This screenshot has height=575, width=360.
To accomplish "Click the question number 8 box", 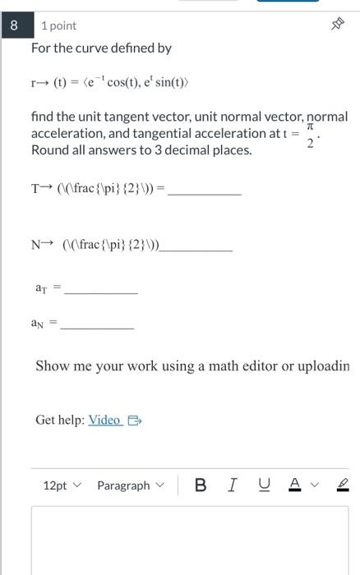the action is click(13, 25).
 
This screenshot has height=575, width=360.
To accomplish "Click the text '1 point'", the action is click(58, 26).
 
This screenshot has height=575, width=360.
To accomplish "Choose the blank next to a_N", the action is click(97, 326).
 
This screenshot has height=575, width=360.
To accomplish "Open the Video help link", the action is click(105, 421).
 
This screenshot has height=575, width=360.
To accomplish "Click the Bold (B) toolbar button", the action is click(201, 485).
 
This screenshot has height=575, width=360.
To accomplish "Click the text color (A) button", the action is click(293, 485).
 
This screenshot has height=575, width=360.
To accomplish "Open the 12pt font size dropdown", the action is click(62, 485).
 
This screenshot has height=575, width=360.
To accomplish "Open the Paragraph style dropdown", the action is click(129, 485).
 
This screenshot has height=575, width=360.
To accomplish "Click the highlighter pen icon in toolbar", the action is click(342, 485).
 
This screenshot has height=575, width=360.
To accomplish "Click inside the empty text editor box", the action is click(189, 542).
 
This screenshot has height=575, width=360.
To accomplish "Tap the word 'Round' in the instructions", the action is click(49, 151).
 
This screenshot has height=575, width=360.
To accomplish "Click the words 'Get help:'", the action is click(59, 421).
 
